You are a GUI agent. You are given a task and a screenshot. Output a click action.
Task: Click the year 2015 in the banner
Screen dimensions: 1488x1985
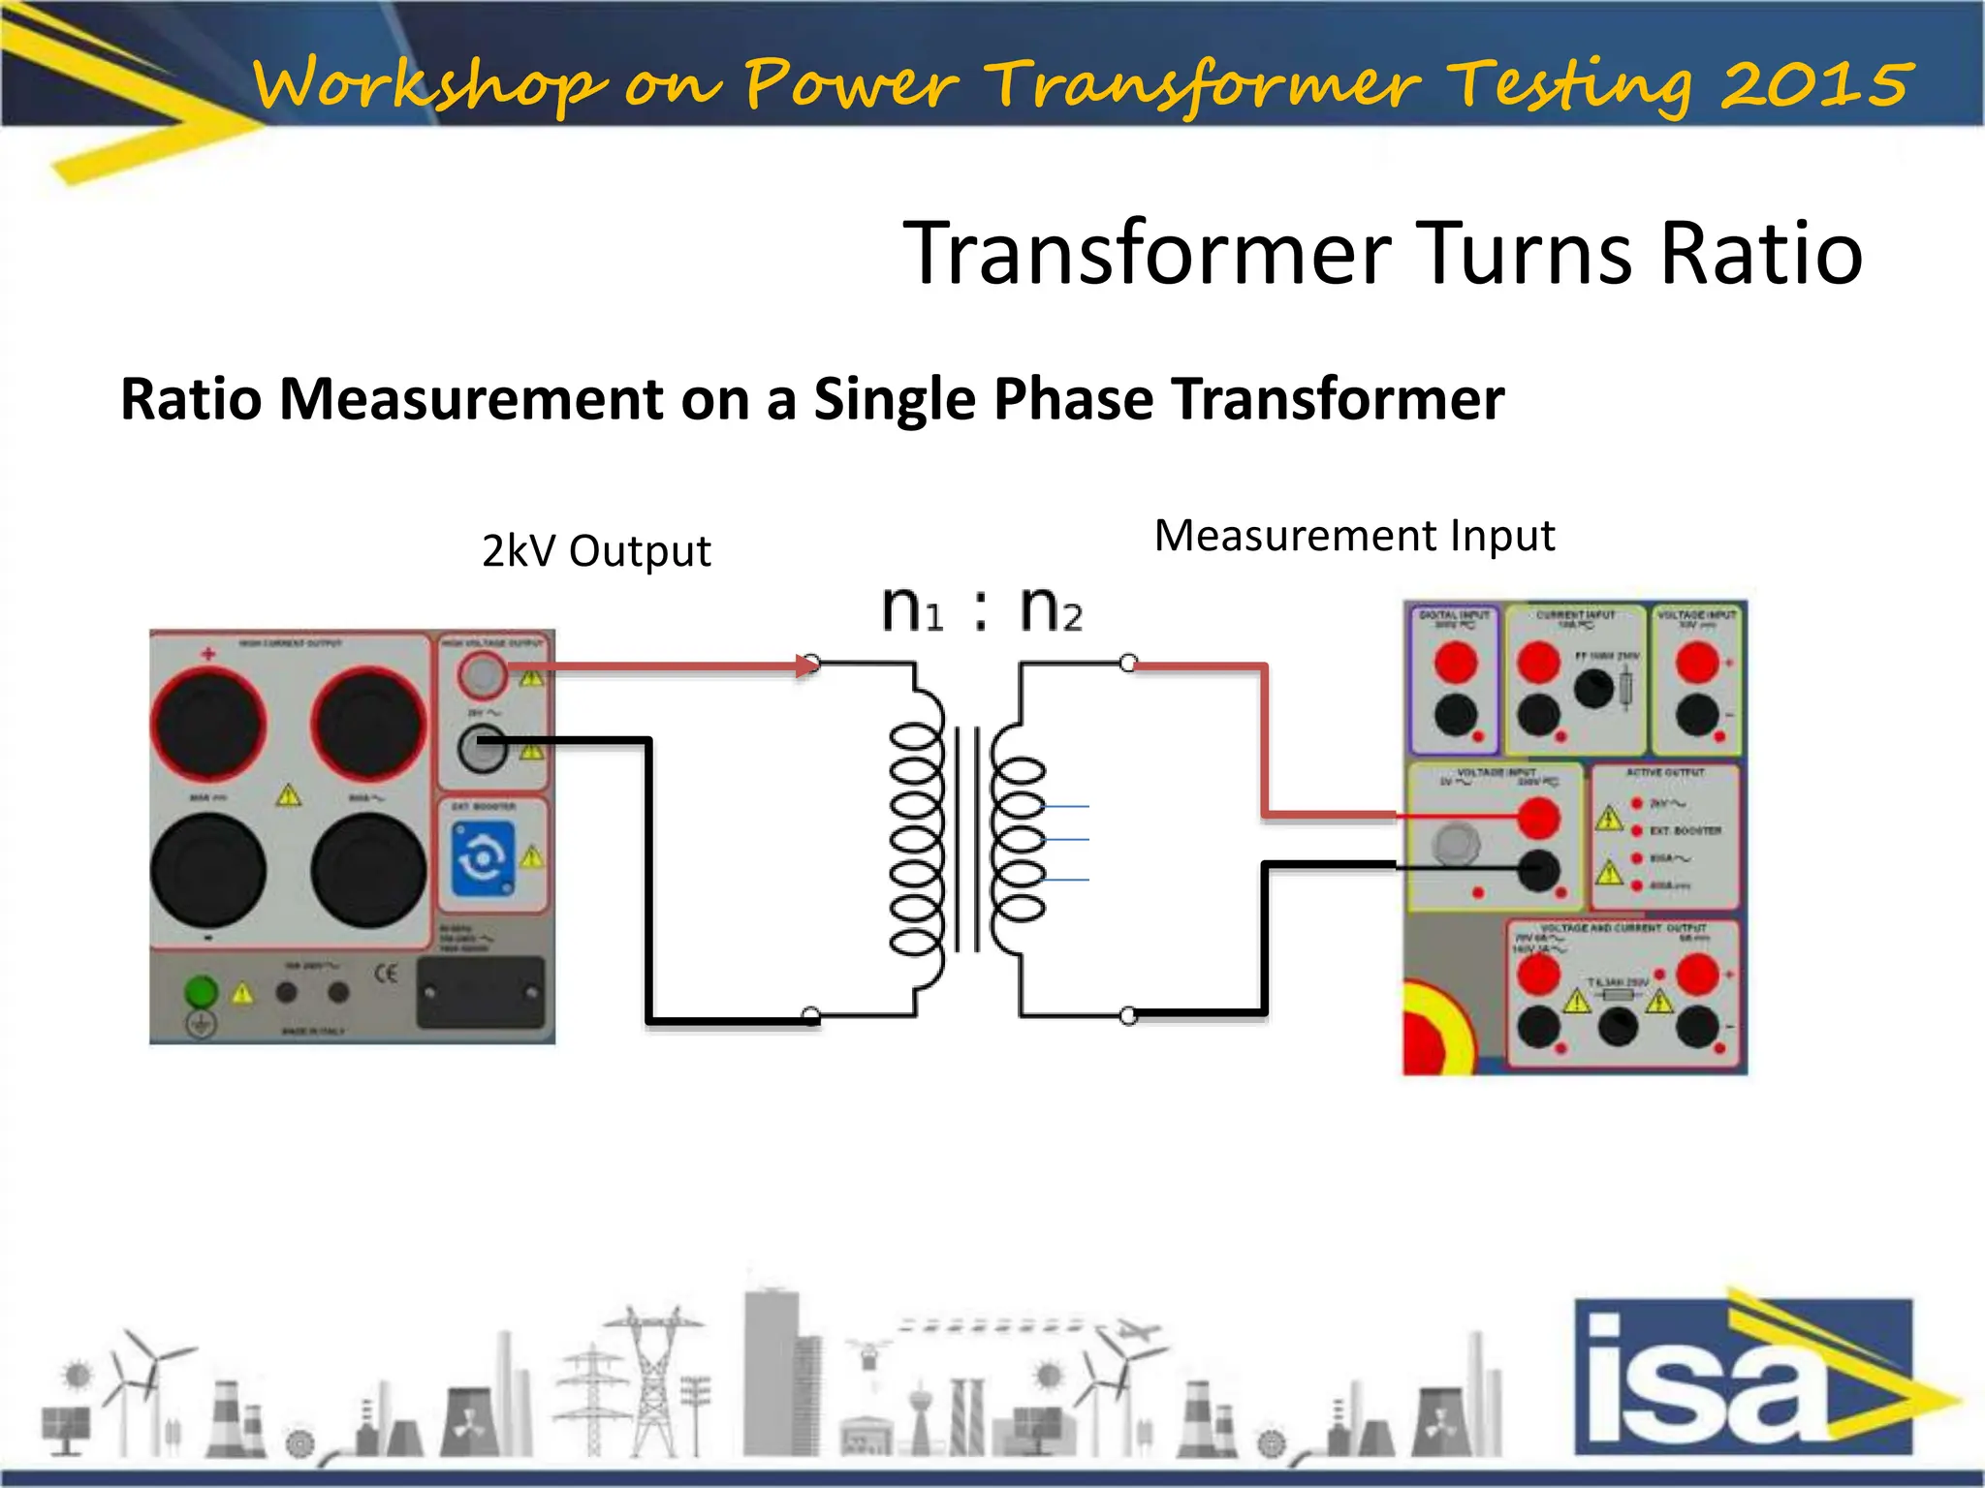pyautogui.click(x=1816, y=83)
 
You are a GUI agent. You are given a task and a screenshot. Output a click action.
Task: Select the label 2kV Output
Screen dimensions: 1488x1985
pyautogui.click(x=596, y=551)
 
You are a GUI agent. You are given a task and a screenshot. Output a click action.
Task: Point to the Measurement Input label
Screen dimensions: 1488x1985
pyautogui.click(x=1354, y=536)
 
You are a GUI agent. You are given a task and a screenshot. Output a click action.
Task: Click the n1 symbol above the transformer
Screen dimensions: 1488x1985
pyautogui.click(x=911, y=610)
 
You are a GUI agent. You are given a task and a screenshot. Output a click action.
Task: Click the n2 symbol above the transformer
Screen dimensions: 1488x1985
pyautogui.click(x=1051, y=610)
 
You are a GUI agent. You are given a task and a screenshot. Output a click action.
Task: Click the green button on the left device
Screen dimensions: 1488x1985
pyautogui.click(x=201, y=991)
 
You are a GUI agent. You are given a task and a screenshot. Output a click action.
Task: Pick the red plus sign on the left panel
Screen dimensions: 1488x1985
pyautogui.click(x=207, y=654)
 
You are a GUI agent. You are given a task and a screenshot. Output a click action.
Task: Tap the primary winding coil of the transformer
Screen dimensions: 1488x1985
pyautogui.click(x=915, y=838)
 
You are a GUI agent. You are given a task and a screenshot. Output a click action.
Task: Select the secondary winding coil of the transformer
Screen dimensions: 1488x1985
pyautogui.click(x=1017, y=838)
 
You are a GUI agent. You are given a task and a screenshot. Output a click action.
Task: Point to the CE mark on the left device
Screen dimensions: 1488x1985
pyautogui.click(x=386, y=973)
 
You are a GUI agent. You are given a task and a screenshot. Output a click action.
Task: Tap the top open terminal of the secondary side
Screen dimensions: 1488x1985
pyautogui.click(x=1128, y=664)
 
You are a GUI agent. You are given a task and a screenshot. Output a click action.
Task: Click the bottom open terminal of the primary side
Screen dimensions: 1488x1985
pyautogui.click(x=812, y=1016)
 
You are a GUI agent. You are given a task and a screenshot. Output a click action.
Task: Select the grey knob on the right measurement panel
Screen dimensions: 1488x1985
pyautogui.click(x=1456, y=843)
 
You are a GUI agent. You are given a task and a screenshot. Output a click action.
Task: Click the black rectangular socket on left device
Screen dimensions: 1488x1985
pyautogui.click(x=480, y=992)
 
